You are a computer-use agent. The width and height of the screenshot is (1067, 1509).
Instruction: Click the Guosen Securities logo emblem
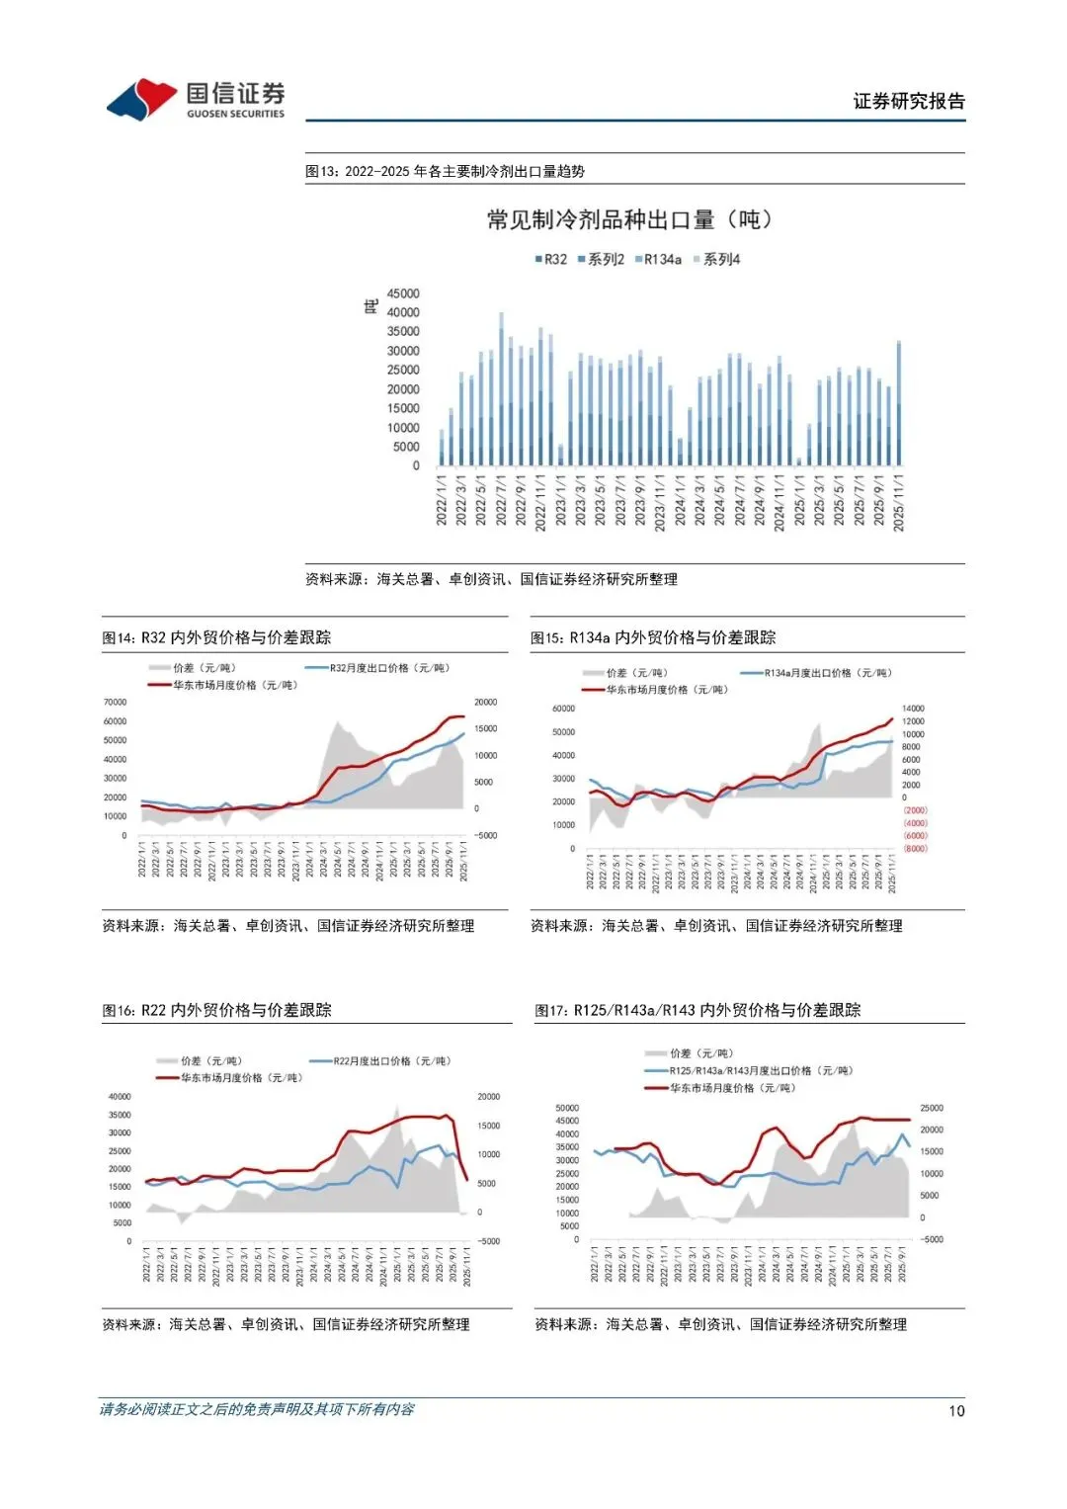click(x=142, y=99)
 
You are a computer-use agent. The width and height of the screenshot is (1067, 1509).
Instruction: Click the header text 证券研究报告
click(x=908, y=101)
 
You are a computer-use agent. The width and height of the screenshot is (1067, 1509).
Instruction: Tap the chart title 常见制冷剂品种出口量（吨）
click(x=629, y=219)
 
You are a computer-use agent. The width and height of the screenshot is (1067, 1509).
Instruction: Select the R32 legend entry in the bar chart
click(x=551, y=259)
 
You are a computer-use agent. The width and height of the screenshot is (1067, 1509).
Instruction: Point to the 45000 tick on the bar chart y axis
click(x=403, y=293)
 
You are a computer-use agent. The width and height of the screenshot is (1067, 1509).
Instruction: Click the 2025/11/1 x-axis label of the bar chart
click(x=898, y=503)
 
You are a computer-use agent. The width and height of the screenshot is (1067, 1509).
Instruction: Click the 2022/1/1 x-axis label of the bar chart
click(x=442, y=501)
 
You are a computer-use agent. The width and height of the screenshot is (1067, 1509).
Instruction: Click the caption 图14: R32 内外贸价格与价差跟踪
click(x=217, y=637)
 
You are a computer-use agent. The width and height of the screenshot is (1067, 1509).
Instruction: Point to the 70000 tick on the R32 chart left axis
click(x=116, y=702)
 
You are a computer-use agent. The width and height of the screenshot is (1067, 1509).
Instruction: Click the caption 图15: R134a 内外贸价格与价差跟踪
click(x=653, y=637)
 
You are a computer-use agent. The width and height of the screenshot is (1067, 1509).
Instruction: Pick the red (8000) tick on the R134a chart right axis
click(x=915, y=848)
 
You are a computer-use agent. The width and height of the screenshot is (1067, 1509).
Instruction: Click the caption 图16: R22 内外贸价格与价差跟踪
click(x=217, y=1010)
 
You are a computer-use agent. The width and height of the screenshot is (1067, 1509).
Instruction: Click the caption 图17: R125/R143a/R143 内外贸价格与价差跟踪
click(x=698, y=1010)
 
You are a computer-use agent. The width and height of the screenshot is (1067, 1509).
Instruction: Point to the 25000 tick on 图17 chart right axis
click(x=932, y=1108)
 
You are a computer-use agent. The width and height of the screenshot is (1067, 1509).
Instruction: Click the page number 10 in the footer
click(x=956, y=1411)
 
